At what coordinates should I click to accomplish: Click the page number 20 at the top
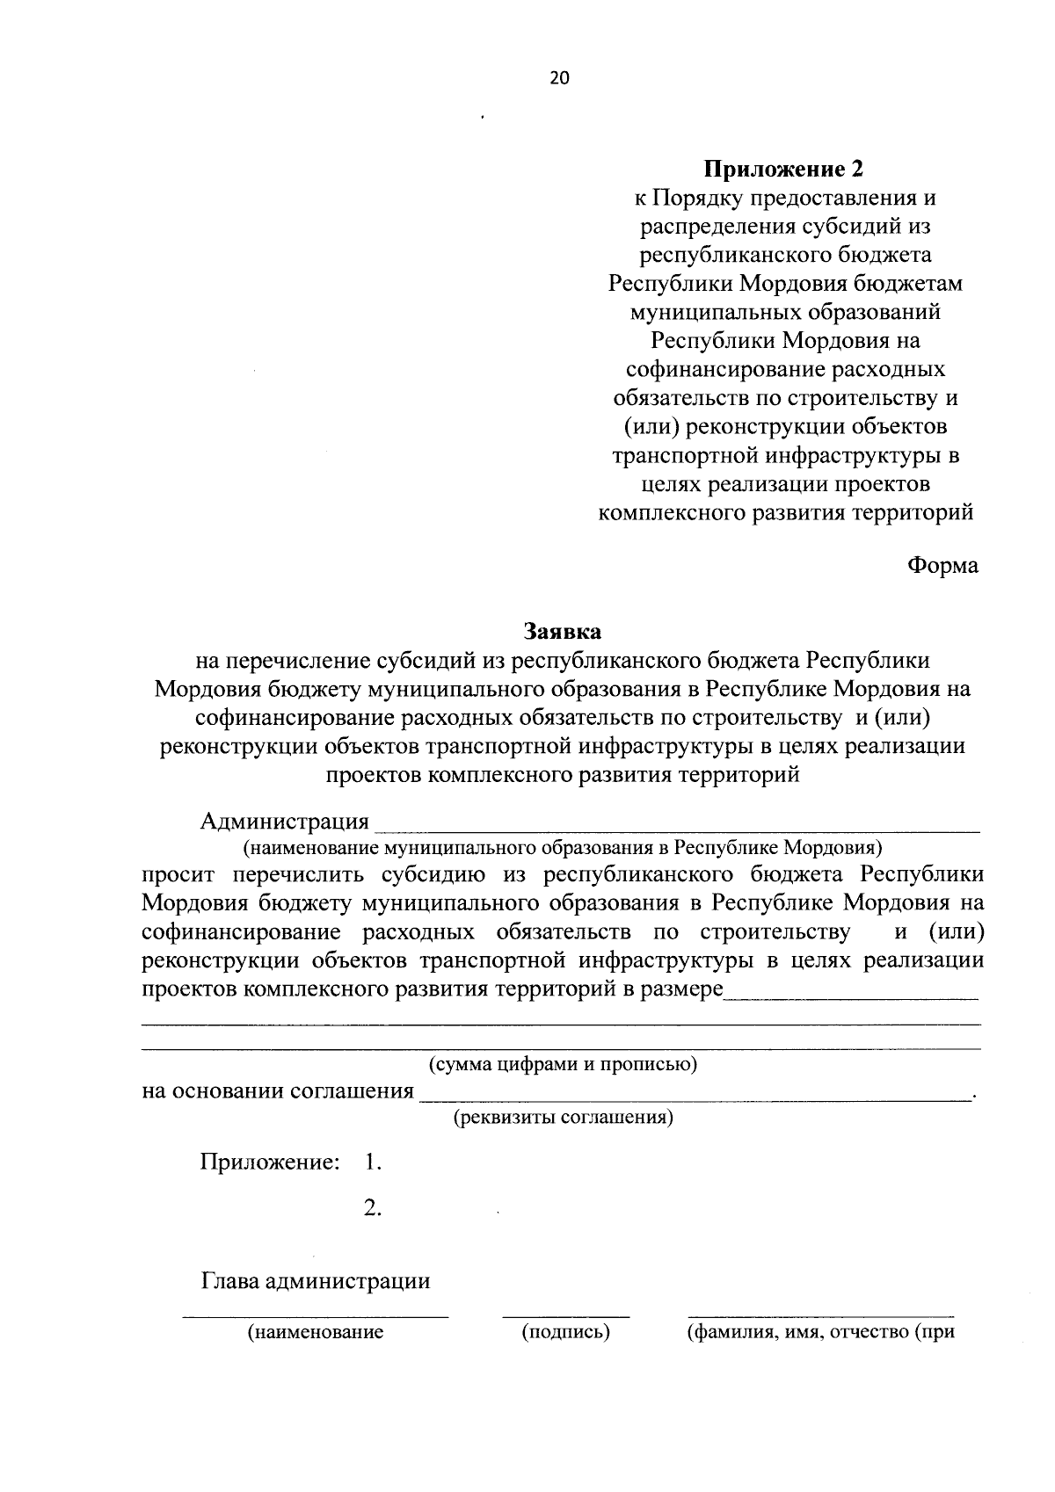click(559, 77)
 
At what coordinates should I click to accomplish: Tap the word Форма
click(942, 567)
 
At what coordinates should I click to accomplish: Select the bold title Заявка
click(562, 632)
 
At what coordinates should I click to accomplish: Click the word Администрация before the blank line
click(285, 822)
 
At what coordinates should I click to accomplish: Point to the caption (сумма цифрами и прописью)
click(563, 1065)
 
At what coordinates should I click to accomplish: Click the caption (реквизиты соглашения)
click(563, 1119)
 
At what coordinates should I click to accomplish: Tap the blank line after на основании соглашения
click(695, 1098)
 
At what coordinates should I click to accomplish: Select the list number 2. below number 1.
click(372, 1209)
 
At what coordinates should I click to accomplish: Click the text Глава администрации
click(316, 1281)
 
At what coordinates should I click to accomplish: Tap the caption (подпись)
click(565, 1333)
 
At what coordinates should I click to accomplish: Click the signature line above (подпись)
click(565, 1316)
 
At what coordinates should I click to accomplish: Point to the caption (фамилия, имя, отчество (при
click(819, 1333)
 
